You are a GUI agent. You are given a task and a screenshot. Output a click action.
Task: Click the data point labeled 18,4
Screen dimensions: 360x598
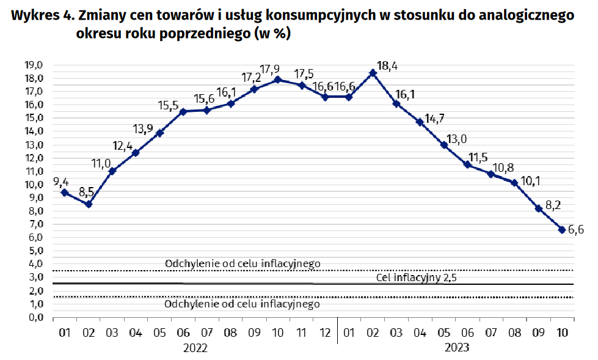point(373,73)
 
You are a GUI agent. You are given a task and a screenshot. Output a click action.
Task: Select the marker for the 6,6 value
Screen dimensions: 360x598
point(561,230)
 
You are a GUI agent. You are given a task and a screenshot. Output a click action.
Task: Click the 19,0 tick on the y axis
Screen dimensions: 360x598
point(33,65)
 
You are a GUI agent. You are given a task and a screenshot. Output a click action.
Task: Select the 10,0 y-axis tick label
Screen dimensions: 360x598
point(33,185)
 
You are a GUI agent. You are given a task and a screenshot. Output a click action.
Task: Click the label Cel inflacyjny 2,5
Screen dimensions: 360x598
point(417,278)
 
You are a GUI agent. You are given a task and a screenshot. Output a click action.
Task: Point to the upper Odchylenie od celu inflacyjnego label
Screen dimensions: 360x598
point(242,263)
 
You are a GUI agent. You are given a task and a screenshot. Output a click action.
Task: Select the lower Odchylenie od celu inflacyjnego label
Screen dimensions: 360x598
point(242,304)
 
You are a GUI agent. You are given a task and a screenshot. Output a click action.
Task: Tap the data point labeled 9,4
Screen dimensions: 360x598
point(65,193)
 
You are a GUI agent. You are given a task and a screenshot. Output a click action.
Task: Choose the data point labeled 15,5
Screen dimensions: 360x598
point(183,111)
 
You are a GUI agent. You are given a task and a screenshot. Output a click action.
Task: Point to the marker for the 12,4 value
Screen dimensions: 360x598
point(136,153)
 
